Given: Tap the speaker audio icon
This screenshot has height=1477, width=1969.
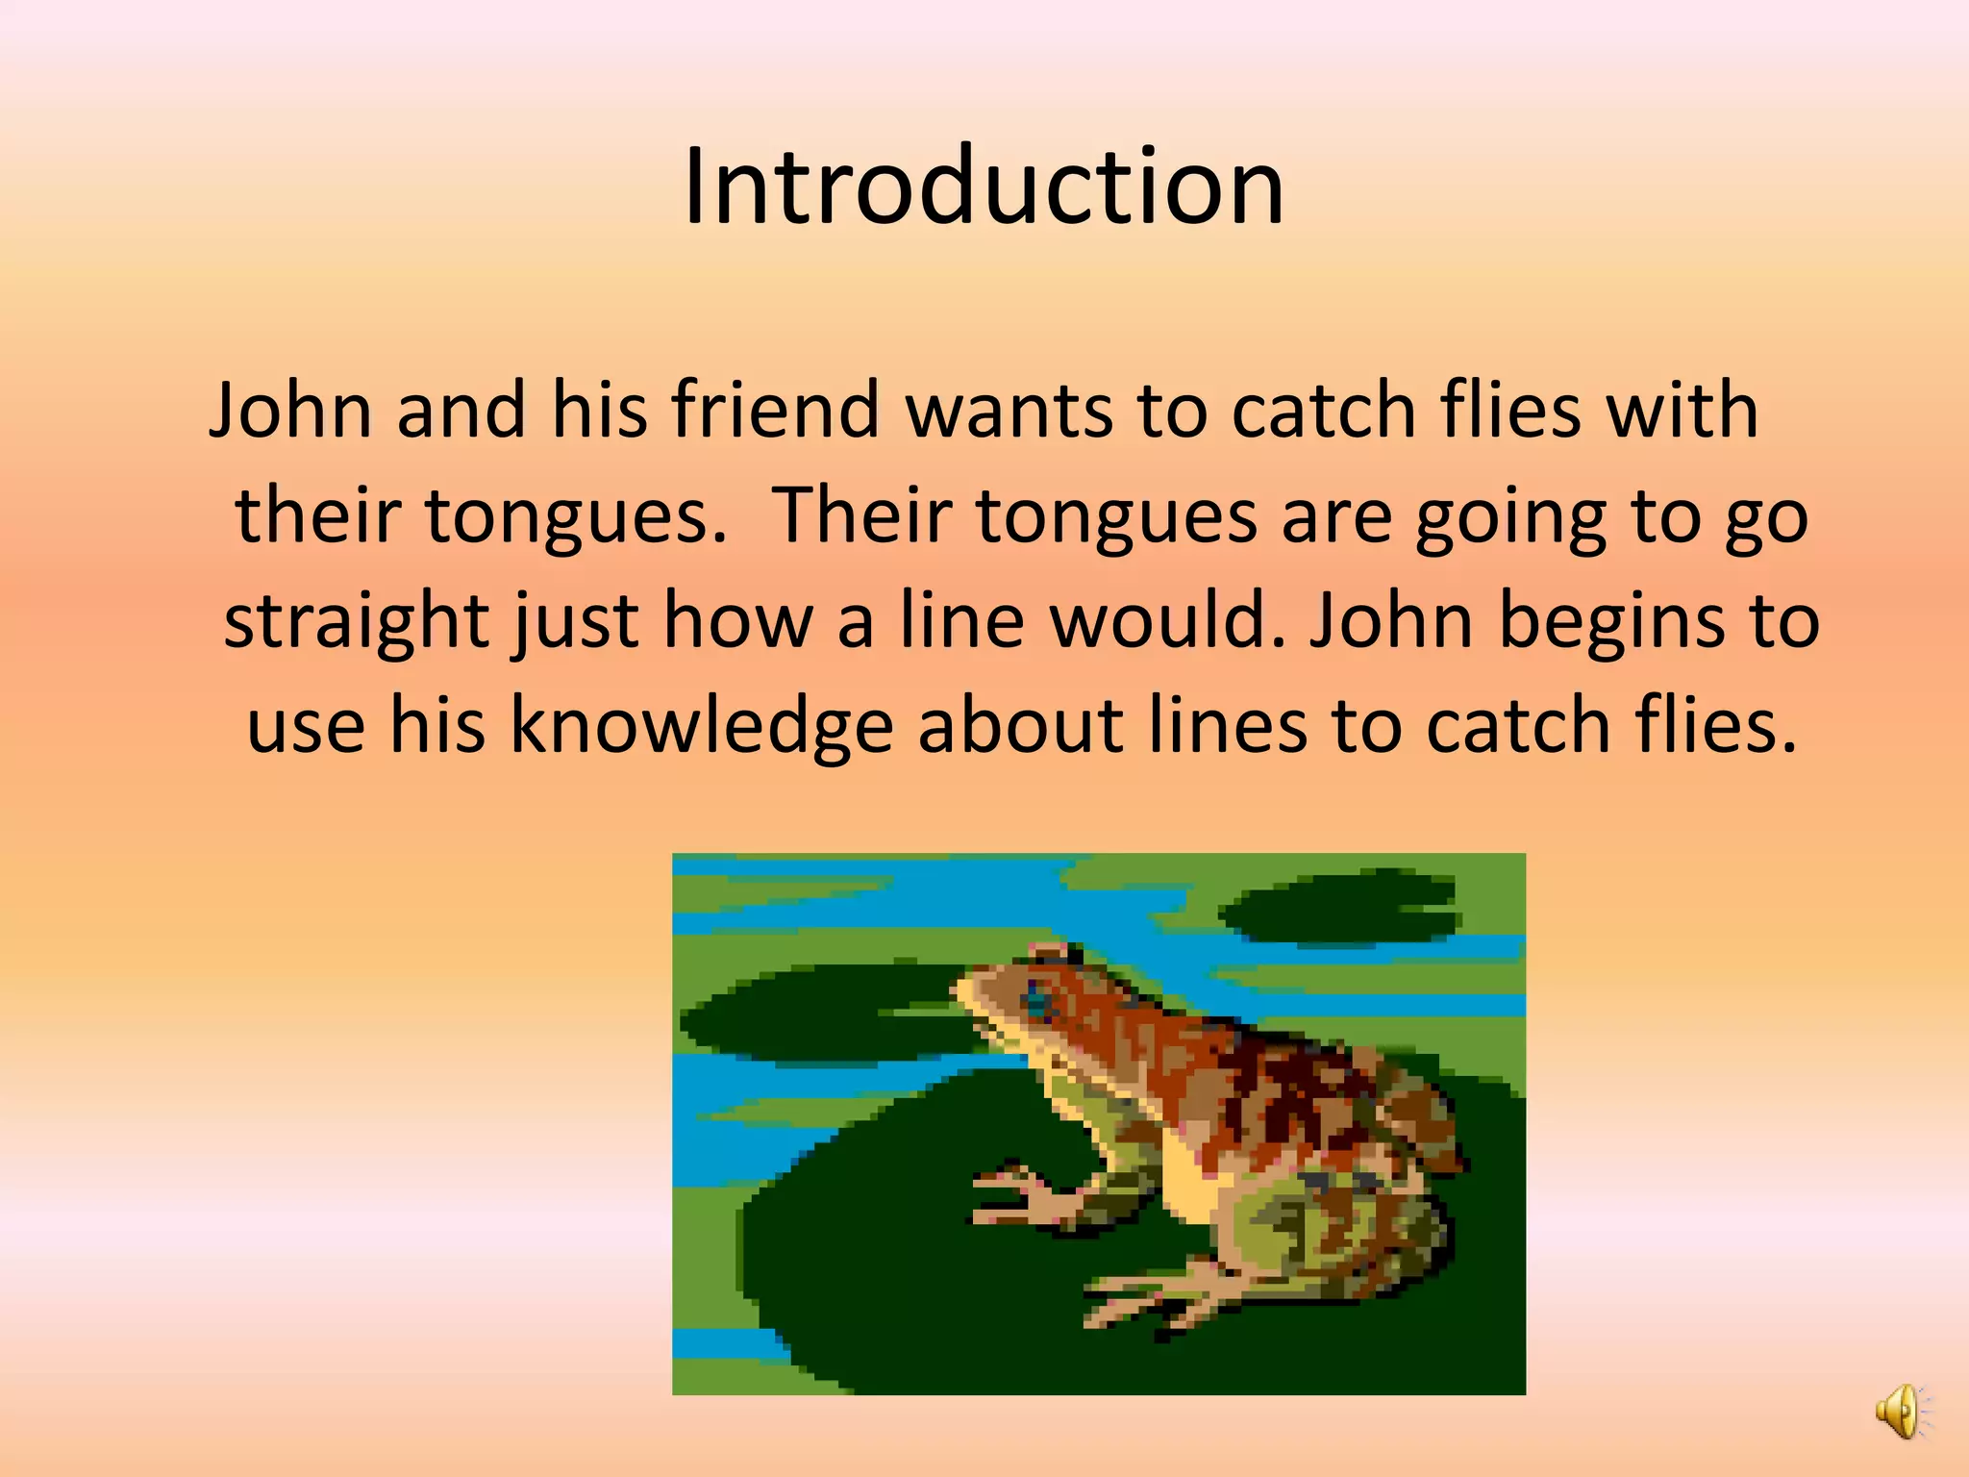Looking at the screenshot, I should point(1900,1412).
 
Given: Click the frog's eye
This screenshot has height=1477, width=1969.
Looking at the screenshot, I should point(1037,1002).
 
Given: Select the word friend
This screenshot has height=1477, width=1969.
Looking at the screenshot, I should point(775,409).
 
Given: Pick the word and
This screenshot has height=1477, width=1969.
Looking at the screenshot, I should point(461,409).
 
